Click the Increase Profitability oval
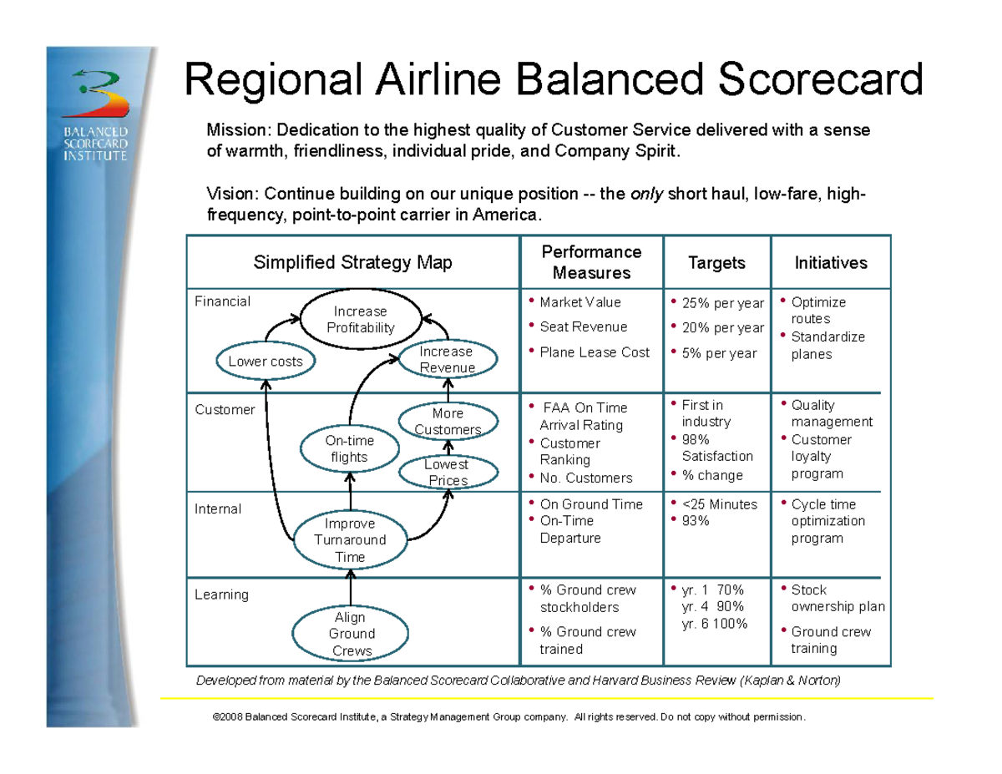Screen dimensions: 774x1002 (x=360, y=320)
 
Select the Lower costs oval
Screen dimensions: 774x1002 (x=265, y=362)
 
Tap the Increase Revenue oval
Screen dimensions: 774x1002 (x=448, y=360)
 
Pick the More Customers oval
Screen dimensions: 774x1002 (x=448, y=422)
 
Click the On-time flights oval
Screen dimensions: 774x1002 (x=349, y=448)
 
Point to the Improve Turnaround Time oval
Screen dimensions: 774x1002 (x=350, y=540)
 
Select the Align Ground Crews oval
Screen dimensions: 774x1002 (x=350, y=634)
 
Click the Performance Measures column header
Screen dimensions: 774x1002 (x=591, y=263)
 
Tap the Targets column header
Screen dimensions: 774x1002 (x=716, y=263)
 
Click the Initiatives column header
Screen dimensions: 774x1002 (x=830, y=263)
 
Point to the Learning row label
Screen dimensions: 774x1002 (x=221, y=594)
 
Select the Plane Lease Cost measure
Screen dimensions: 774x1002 (x=594, y=352)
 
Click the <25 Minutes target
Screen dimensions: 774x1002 (x=719, y=504)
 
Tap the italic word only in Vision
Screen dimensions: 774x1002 (x=646, y=195)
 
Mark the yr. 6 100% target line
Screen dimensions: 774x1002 (x=715, y=624)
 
